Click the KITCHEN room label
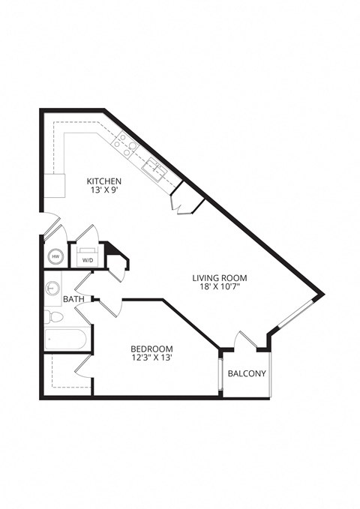tap(104, 181)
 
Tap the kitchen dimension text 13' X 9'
tap(104, 191)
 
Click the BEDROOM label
tap(152, 349)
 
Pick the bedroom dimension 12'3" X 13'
tap(152, 358)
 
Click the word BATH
tap(73, 300)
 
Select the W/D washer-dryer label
tap(88, 260)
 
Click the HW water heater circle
tap(55, 256)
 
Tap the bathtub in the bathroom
tap(66, 340)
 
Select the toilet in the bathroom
tap(50, 316)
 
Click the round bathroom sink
tap(52, 287)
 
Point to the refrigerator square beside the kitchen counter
tap(55, 184)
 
